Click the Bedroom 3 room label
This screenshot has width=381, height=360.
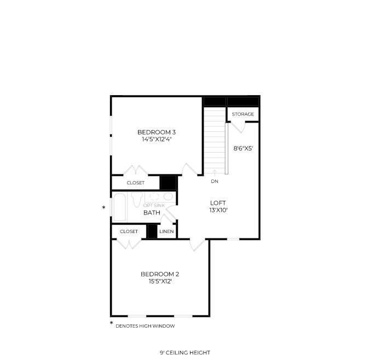(157, 132)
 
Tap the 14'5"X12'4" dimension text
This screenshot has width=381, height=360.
(157, 140)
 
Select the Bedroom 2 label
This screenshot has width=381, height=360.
(160, 274)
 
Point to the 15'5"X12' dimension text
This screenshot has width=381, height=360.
(160, 282)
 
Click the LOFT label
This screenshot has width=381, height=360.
(218, 203)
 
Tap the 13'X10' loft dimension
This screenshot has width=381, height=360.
(218, 210)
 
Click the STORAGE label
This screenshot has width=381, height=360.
(243, 114)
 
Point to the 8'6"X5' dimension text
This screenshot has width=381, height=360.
(243, 148)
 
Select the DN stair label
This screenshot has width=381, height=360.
(215, 181)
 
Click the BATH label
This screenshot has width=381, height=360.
(152, 213)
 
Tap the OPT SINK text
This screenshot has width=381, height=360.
(154, 206)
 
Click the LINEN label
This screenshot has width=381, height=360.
(166, 231)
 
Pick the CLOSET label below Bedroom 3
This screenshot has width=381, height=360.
(136, 183)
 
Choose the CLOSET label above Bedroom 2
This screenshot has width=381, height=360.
(129, 231)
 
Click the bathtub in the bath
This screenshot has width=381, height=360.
(119, 207)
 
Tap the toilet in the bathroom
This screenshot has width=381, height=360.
(136, 199)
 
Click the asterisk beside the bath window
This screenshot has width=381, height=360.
(104, 208)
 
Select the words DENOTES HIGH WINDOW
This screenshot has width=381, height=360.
(145, 326)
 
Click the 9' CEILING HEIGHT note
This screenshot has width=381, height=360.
(185, 352)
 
